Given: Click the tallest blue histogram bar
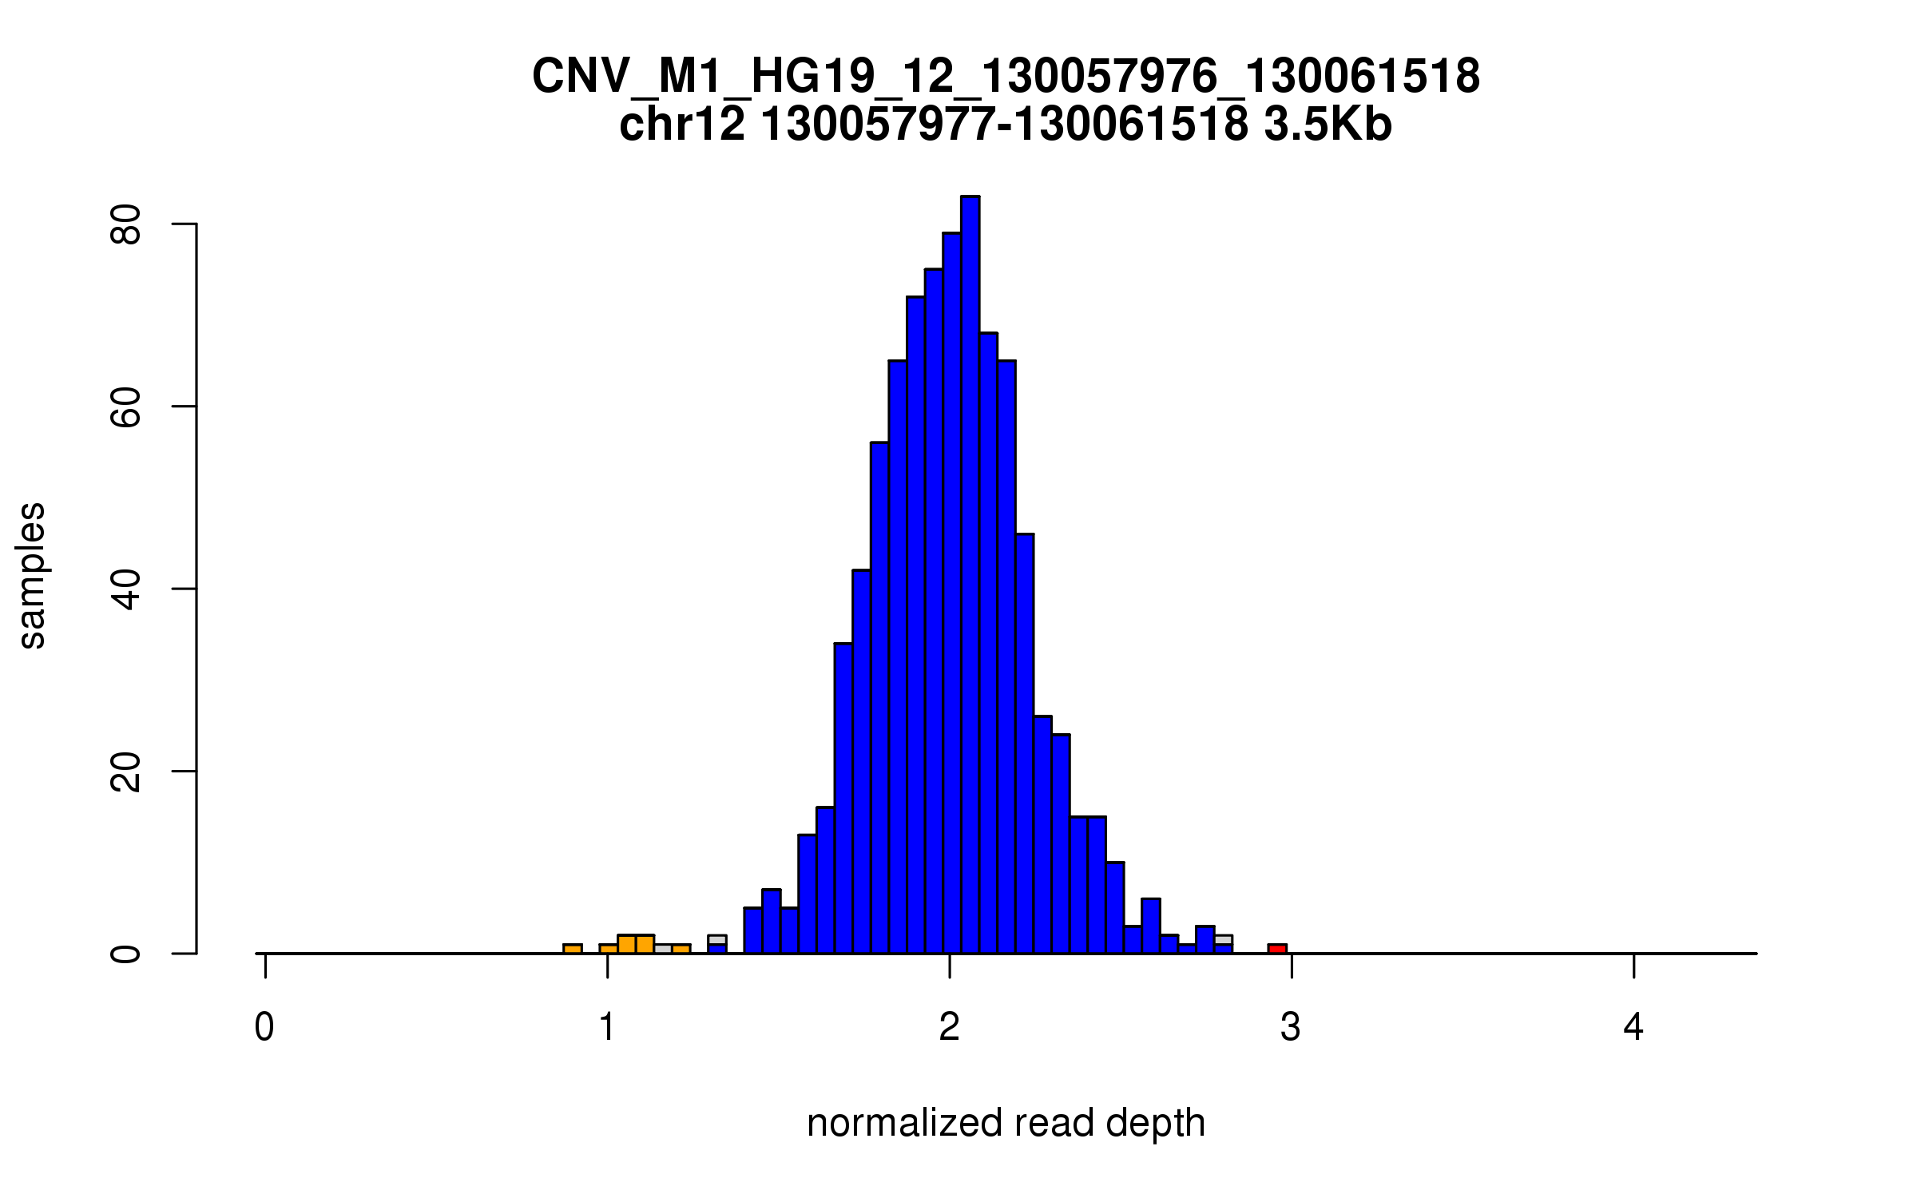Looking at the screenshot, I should pyautogui.click(x=970, y=575).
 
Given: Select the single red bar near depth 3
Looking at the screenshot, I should pyautogui.click(x=1277, y=948).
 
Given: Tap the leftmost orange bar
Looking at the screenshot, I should pyautogui.click(x=572, y=948).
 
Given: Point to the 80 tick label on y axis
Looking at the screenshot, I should pyautogui.click(x=126, y=224).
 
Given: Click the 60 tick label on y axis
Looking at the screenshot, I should pyautogui.click(x=126, y=407).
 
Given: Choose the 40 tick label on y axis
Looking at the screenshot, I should pyautogui.click(x=126, y=589).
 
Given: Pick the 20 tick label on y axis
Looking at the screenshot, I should pyautogui.click(x=126, y=772).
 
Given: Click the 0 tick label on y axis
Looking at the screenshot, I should pyautogui.click(x=126, y=954).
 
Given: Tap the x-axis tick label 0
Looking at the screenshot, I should pyautogui.click(x=264, y=1027).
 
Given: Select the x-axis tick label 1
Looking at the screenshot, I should pyautogui.click(x=607, y=1027).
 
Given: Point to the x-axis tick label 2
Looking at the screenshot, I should pyautogui.click(x=949, y=1027).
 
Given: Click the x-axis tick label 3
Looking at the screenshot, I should pyautogui.click(x=1291, y=1027).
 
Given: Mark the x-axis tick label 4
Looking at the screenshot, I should pyautogui.click(x=1633, y=1027).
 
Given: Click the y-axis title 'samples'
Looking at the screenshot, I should pyautogui.click(x=32, y=575).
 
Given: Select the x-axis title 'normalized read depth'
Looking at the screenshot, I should pyautogui.click(x=1006, y=1123).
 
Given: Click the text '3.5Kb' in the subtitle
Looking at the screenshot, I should pyautogui.click(x=1328, y=125).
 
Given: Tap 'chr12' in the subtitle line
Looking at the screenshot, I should pyautogui.click(x=682, y=125).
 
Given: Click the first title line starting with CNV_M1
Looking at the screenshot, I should pyautogui.click(x=1006, y=77).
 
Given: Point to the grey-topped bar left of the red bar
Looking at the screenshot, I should pyautogui.click(x=1223, y=939).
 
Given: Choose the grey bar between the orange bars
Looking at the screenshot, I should pyautogui.click(x=662, y=949).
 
